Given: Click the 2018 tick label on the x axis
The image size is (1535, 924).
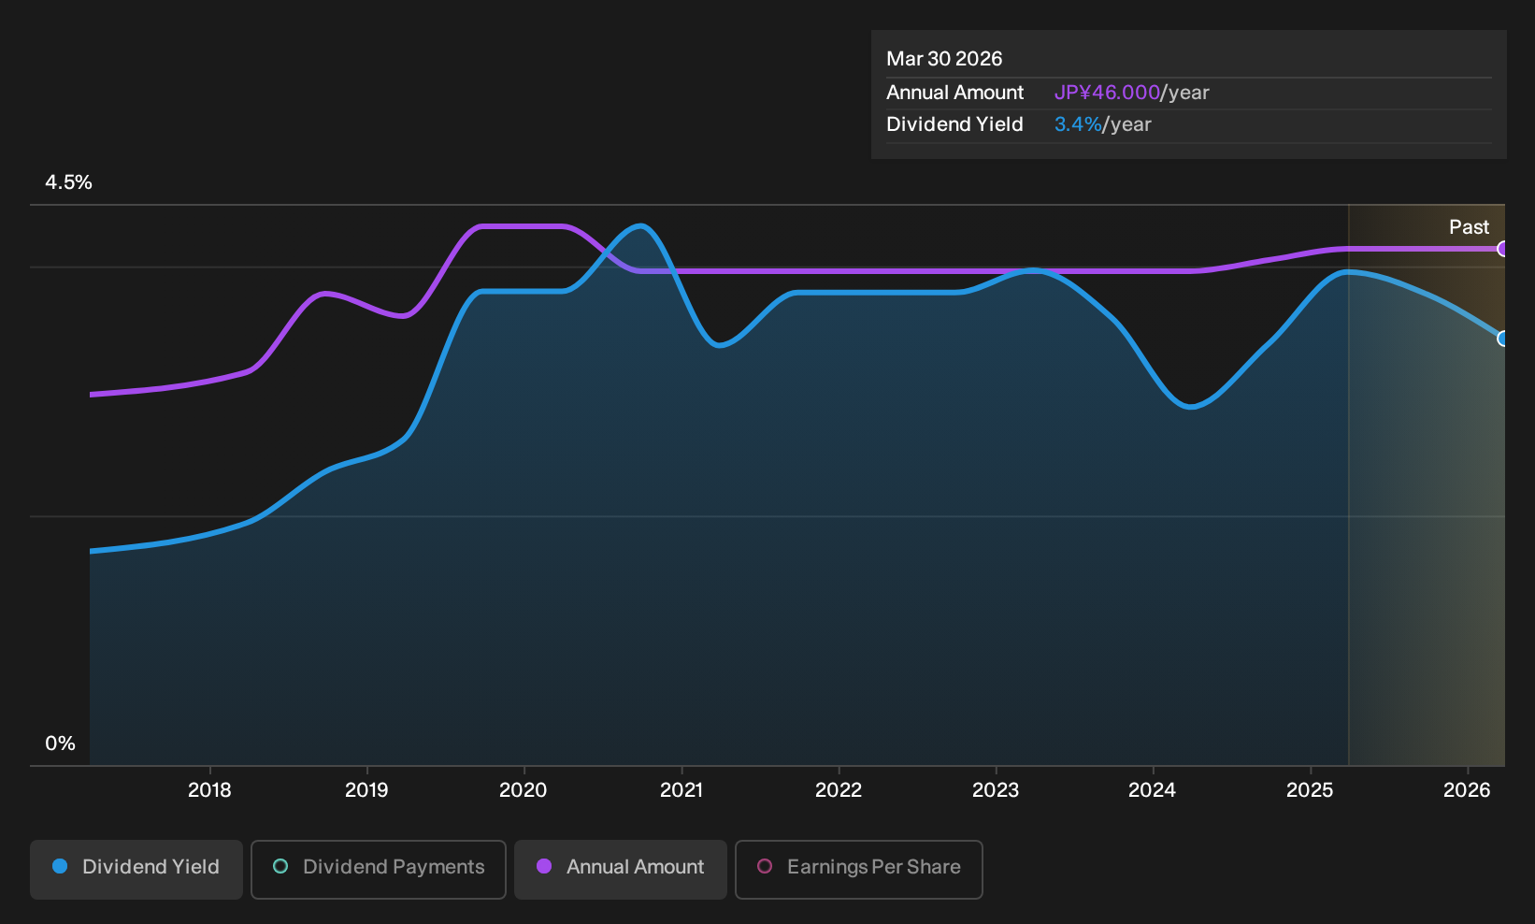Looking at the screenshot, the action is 209,790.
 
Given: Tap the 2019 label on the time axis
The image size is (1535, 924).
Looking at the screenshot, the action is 366,790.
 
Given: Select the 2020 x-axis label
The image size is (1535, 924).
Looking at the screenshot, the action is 524,790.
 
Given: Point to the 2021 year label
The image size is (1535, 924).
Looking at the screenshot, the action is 681,790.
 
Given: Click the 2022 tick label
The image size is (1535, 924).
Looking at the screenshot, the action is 839,790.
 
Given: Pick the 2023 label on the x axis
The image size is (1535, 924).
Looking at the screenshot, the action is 996,790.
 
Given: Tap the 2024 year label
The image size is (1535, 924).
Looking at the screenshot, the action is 1153,790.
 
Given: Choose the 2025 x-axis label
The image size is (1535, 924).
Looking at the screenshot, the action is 1310,790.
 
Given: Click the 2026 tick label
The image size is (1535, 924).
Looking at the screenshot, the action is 1467,790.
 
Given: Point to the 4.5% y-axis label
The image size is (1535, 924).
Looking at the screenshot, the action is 68,182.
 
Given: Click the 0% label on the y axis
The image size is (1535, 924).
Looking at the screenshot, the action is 61,744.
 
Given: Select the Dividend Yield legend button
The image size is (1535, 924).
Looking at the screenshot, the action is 136,869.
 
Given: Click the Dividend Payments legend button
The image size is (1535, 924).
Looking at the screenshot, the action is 379,869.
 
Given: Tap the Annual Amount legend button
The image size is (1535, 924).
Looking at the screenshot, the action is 620,869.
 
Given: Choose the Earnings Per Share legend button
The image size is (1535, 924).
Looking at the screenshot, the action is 858,869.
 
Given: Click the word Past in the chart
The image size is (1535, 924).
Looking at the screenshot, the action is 1470,227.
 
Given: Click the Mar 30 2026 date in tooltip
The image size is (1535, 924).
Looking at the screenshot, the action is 944,59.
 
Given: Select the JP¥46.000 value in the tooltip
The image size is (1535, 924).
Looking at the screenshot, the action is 1107,93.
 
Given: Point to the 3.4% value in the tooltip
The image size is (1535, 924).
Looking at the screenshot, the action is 1078,124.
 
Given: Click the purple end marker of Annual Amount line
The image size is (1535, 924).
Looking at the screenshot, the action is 1502,249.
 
